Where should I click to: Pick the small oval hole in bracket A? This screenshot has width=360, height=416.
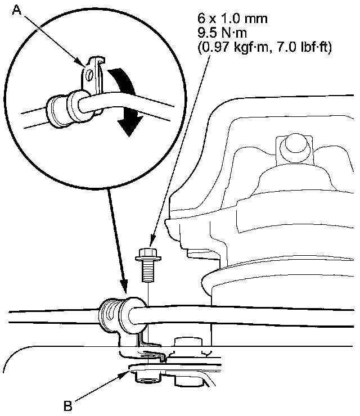click(89, 76)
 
